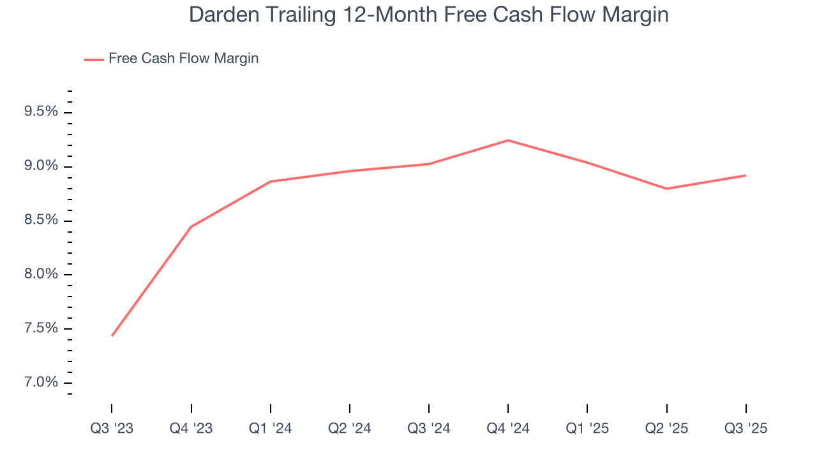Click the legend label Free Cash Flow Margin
tap(183, 59)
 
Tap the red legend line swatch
tap(94, 59)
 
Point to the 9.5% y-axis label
tap(41, 112)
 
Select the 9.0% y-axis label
tap(41, 166)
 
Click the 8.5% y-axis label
tap(41, 221)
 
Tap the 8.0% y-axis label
tap(41, 275)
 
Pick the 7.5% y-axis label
tap(41, 329)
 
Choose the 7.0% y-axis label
tap(41, 383)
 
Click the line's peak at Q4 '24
tap(508, 140)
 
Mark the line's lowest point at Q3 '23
tap(112, 335)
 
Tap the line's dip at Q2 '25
tap(666, 189)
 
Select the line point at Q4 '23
tap(191, 226)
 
